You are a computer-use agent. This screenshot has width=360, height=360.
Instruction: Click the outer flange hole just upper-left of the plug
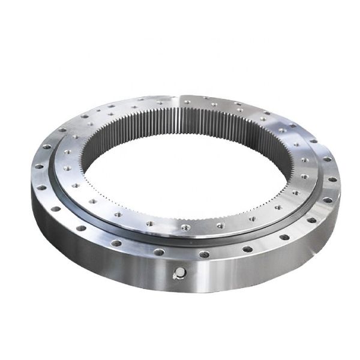coord(157,251)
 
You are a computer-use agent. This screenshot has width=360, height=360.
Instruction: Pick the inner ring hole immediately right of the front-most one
coord(220,226)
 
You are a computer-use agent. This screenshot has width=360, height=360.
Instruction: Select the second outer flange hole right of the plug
coord(244,247)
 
